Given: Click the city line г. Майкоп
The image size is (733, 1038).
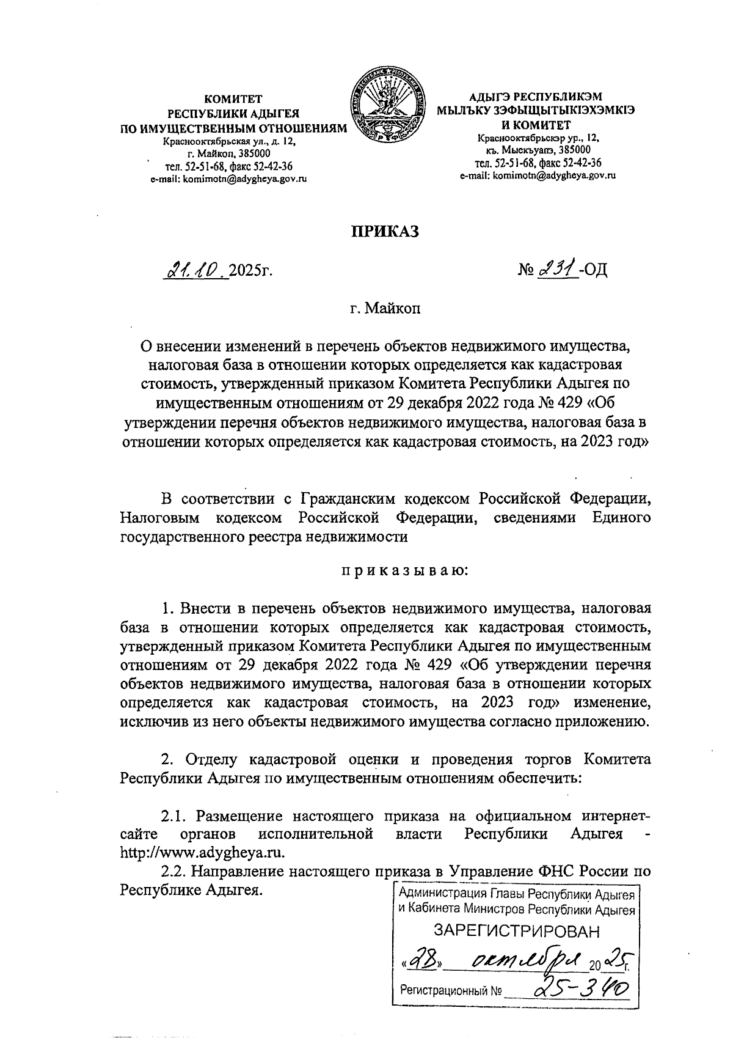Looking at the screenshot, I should point(385,308).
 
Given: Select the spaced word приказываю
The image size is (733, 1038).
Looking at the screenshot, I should point(404,571).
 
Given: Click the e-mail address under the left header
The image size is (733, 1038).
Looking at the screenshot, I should point(228,179).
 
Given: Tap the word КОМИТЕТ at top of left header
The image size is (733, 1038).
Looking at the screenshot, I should point(233,98).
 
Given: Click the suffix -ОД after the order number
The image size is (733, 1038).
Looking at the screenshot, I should point(594,270).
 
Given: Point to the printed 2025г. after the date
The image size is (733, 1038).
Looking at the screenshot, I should point(251,270).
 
